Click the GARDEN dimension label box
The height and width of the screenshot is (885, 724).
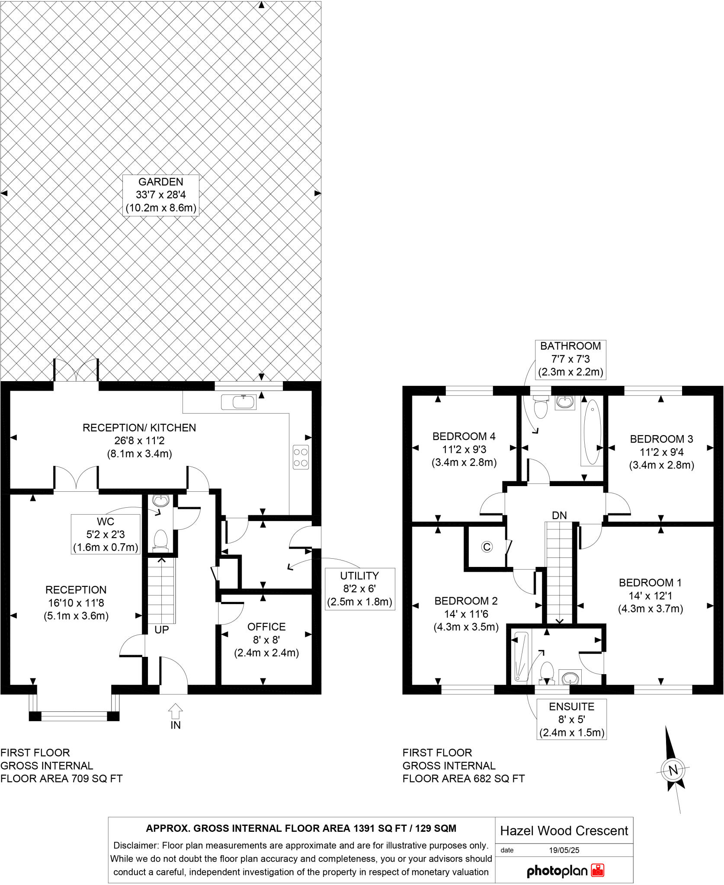tap(161, 195)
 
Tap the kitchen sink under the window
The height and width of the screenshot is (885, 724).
tap(239, 402)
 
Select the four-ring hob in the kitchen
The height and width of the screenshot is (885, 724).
tap(301, 457)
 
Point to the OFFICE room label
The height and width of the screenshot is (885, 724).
tap(266, 627)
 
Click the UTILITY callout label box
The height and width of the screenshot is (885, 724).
tap(359, 589)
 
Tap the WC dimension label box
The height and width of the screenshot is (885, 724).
tap(106, 534)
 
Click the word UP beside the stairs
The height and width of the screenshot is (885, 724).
tap(161, 630)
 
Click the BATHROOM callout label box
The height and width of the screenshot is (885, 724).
tap(570, 359)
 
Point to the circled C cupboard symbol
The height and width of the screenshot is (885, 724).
tap(487, 547)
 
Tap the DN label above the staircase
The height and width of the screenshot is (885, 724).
tap(559, 515)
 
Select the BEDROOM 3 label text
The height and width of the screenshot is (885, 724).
tap(661, 439)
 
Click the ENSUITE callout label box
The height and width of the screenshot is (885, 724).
tap(571, 719)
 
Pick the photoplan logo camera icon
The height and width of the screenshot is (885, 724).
tap(598, 870)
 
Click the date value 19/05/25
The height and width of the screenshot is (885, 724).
tap(564, 850)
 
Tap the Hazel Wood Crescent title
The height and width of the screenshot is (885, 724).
tap(564, 831)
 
